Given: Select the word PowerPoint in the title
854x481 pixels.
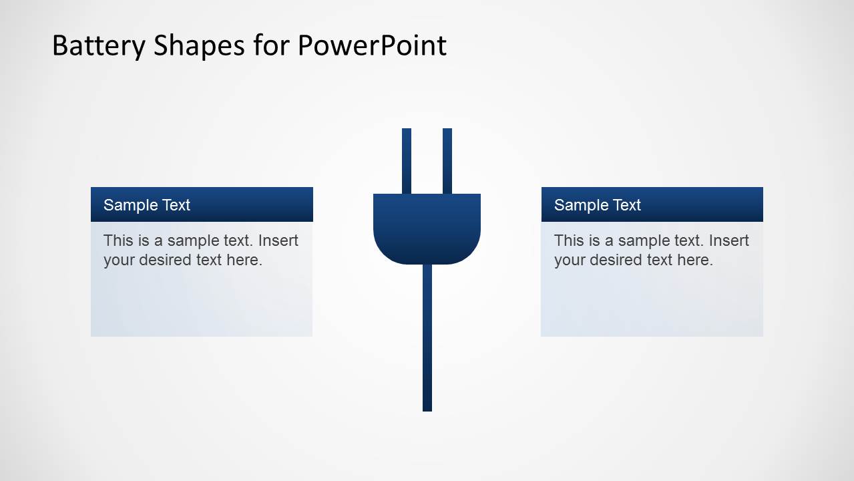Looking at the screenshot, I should [371, 45].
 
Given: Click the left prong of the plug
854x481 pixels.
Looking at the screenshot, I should [407, 160].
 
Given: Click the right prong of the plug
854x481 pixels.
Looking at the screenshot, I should [447, 160].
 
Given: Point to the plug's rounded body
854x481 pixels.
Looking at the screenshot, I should [427, 227].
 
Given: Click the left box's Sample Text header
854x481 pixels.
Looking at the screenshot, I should [147, 205].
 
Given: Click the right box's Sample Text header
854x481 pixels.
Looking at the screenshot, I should [598, 205].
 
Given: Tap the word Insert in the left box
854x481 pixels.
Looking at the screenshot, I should [278, 240].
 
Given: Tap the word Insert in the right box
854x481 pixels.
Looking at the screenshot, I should [728, 240].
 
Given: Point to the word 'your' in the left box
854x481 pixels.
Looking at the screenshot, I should [118, 261].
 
